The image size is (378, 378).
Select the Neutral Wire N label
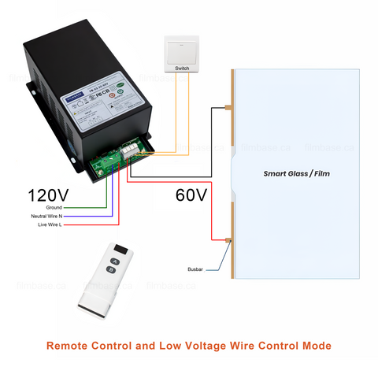click(x=50, y=216)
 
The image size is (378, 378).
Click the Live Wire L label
click(x=51, y=224)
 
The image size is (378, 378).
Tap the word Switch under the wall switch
click(x=182, y=69)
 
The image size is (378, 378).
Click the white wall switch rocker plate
click(x=182, y=49)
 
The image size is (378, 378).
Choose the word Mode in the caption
click(x=315, y=345)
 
